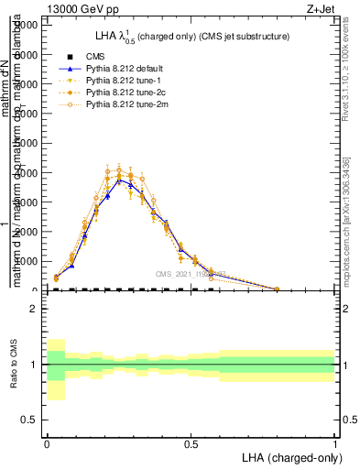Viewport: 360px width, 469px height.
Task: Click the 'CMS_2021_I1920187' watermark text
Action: click(189, 274)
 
